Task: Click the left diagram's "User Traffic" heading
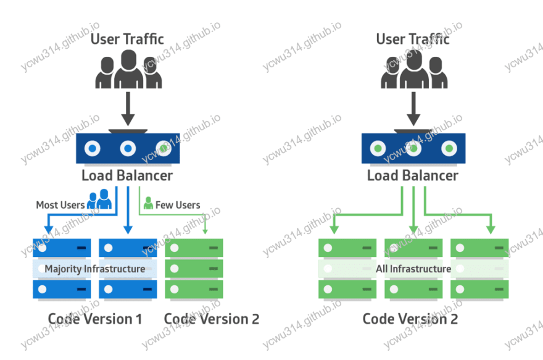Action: [127, 39]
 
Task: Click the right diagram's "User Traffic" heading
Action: [412, 39]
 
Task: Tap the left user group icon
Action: [128, 69]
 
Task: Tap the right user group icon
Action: [413, 69]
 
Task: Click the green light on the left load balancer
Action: [163, 149]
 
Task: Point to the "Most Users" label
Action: [60, 204]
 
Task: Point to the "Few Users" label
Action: [178, 204]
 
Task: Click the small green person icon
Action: [148, 202]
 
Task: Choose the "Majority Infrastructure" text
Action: [95, 269]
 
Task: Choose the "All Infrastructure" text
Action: [413, 269]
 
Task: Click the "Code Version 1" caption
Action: [95, 319]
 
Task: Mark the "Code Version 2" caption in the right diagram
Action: [410, 319]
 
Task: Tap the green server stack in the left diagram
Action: [194, 269]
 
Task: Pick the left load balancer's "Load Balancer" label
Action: [127, 175]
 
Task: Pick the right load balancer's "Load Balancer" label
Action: [412, 175]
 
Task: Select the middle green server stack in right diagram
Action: [413, 269]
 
